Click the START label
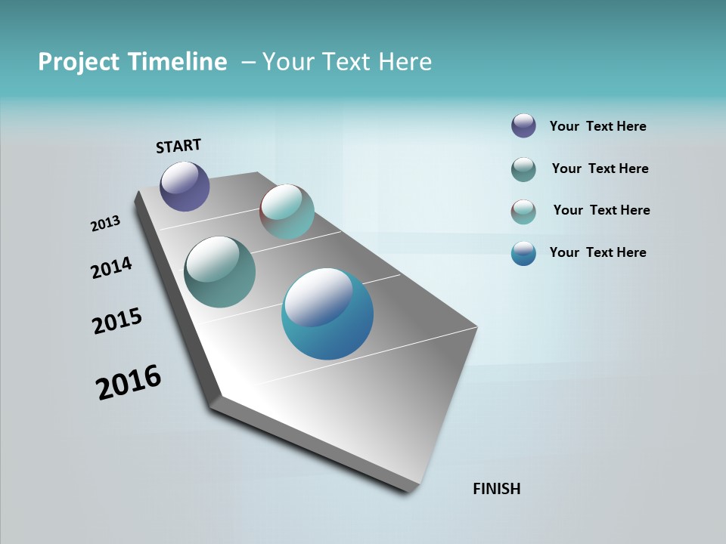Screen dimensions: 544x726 pos(178,146)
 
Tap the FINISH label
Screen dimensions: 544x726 pos(497,489)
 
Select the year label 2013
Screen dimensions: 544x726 pos(106,224)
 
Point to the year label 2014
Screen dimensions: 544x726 pos(112,267)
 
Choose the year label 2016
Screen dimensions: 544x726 pos(129,382)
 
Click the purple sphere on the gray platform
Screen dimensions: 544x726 pos(185,186)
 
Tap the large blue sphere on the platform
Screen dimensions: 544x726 pos(327,314)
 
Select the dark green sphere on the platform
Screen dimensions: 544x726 pos(219,272)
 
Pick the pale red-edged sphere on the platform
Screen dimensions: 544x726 pos(287,212)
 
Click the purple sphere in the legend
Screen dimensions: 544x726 pos(523,125)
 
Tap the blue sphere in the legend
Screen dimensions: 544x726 pos(523,253)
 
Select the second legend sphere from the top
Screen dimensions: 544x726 pos(523,169)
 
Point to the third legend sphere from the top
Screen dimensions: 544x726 pos(523,212)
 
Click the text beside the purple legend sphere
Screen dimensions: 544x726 pos(597,126)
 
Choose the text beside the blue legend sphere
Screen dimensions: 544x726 pos(597,252)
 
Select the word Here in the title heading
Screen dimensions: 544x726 pos(405,62)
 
